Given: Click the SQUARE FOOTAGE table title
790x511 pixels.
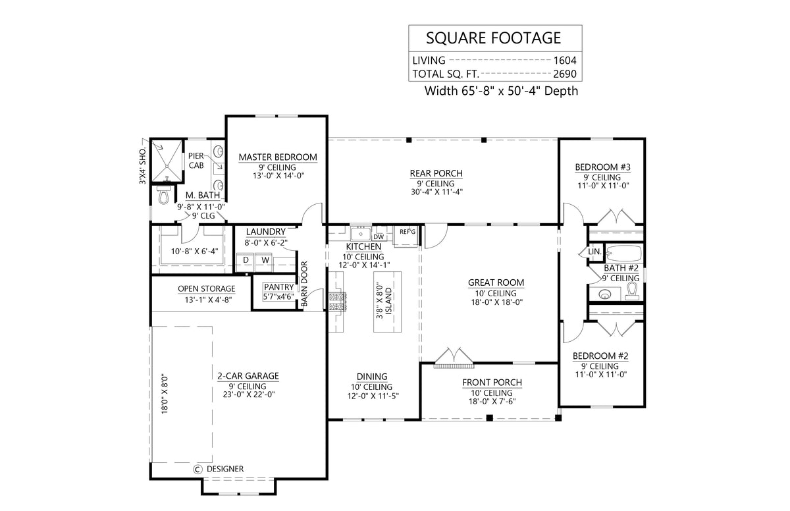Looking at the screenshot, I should tap(493, 37).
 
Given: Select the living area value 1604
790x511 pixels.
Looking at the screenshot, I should tap(564, 59).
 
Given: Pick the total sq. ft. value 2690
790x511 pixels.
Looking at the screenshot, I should tap(564, 74).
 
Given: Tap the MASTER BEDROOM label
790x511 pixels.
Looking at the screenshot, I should tap(277, 157).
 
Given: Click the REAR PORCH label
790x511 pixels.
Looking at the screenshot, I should tap(436, 173).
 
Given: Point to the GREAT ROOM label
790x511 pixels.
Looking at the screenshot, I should tap(496, 282).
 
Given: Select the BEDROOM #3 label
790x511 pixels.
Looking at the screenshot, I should tap(602, 167).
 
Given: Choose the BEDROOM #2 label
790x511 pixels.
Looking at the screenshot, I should tap(600, 356).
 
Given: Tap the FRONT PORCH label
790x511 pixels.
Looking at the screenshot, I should tap(492, 382).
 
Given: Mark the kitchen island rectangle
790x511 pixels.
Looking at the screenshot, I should tap(388, 301).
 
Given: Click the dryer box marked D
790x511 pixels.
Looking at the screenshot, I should tap(246, 260).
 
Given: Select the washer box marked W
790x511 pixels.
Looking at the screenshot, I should tap(265, 260).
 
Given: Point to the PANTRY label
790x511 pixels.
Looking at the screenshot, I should tap(278, 287).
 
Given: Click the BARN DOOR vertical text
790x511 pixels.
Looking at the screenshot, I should tap(304, 284).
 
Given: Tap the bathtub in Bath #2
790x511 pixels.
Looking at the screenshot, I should tap(624, 252).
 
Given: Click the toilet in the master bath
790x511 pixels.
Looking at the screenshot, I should tap(163, 195).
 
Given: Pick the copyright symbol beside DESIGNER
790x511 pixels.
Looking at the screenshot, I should tap(197, 469).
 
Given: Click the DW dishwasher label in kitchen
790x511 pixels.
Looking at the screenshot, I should tap(379, 237).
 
